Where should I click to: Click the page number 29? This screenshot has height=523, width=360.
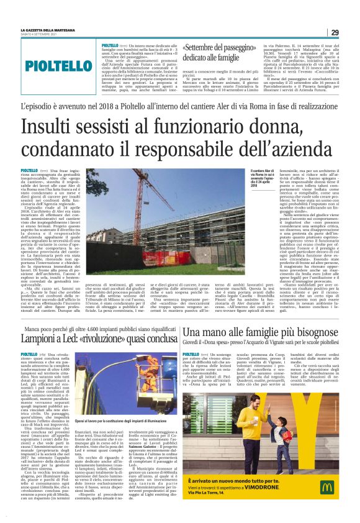pyautogui.click(x=334, y=32)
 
